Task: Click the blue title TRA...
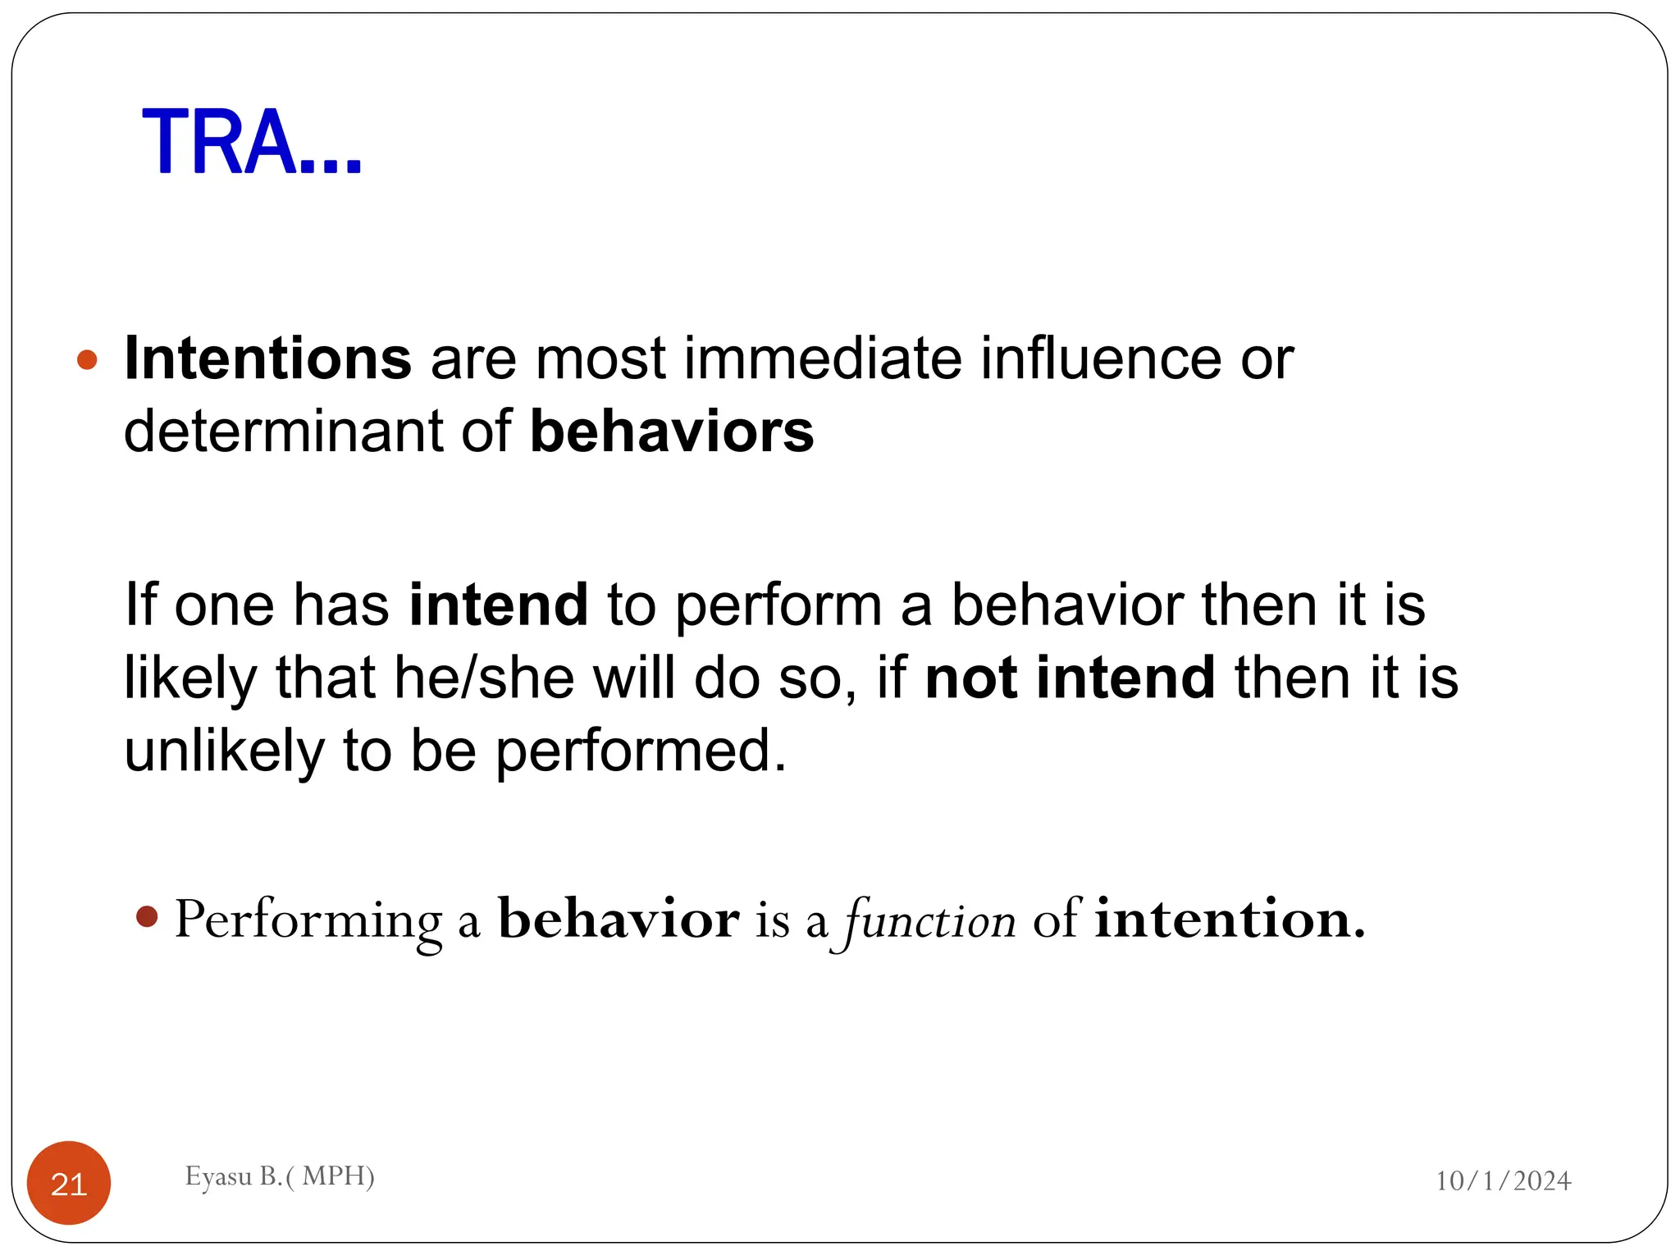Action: pyautogui.click(x=251, y=143)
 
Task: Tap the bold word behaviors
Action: pyautogui.click(x=672, y=431)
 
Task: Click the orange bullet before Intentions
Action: pyautogui.click(x=87, y=359)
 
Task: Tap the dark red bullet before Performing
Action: pyautogui.click(x=147, y=916)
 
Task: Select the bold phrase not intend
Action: pyautogui.click(x=1070, y=678)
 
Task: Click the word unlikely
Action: pyautogui.click(x=224, y=751)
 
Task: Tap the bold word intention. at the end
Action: pyautogui.click(x=1230, y=919)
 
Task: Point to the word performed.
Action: pyautogui.click(x=640, y=751)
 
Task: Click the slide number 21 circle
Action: pyautogui.click(x=69, y=1183)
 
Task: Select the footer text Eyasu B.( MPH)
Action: pyautogui.click(x=280, y=1176)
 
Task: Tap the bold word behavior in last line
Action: pyautogui.click(x=619, y=919)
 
